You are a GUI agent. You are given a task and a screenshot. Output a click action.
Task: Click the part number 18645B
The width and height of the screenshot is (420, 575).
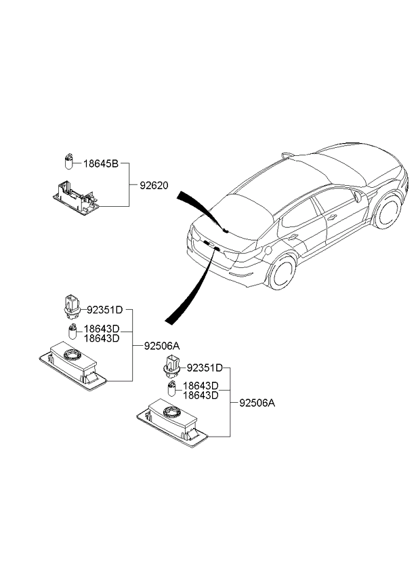tap(102, 164)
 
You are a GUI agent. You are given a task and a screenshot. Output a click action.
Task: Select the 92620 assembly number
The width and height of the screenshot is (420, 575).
tap(154, 184)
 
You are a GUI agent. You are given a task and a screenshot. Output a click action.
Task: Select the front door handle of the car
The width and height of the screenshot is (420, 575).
tap(332, 217)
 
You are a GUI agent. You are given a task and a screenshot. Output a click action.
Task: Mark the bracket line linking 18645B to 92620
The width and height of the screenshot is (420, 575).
tap(129, 184)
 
